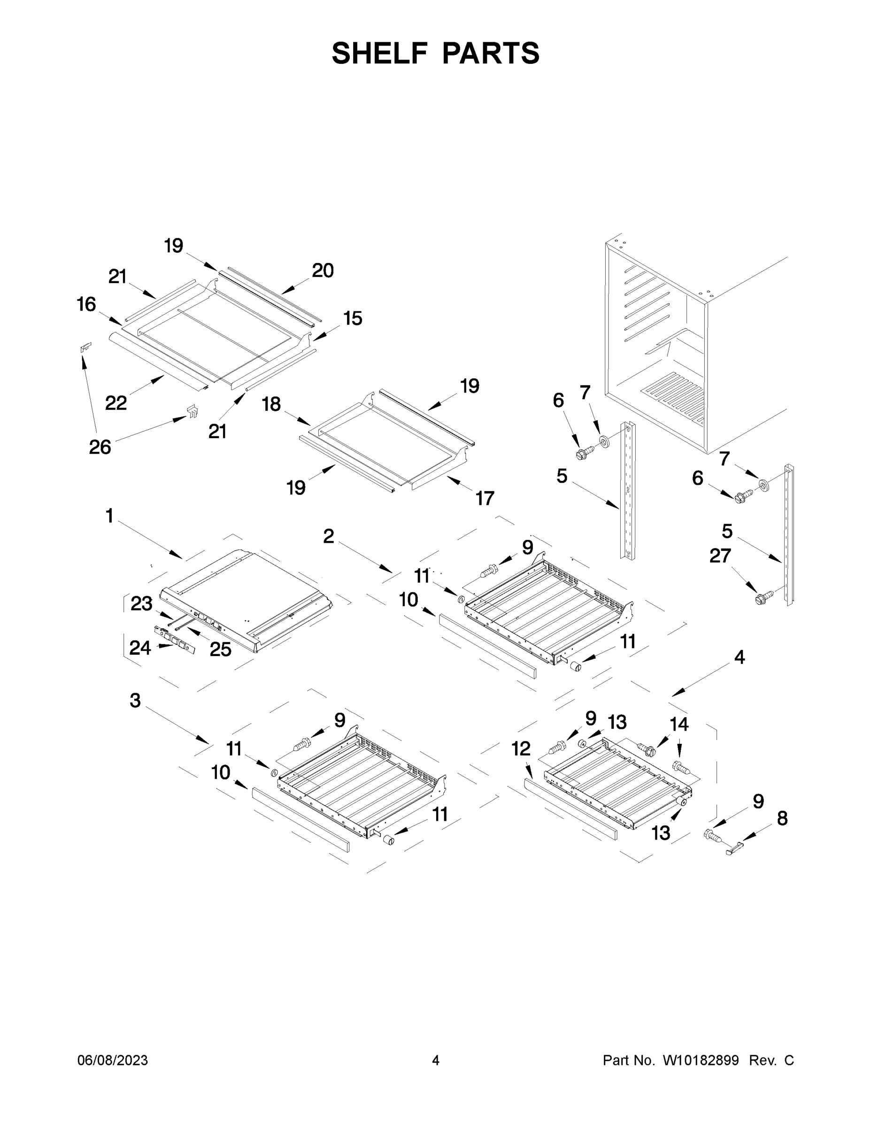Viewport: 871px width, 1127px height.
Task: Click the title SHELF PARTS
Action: [x=435, y=53]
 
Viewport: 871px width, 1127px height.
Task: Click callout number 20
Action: [x=323, y=270]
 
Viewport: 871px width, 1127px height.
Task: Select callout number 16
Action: [x=87, y=304]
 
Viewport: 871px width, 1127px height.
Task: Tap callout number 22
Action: [x=116, y=402]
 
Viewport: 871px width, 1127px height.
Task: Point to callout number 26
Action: [x=100, y=447]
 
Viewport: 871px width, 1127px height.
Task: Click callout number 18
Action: [x=271, y=404]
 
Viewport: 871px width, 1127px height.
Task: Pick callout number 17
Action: [x=485, y=498]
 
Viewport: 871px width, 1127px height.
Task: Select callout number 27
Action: [x=720, y=556]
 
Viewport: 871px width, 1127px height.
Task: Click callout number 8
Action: [x=782, y=818]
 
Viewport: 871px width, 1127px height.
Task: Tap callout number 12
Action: [x=521, y=748]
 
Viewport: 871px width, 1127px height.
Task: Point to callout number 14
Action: [x=678, y=725]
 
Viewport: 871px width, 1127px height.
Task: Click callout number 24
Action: [x=140, y=648]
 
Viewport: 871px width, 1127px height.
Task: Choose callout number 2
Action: [x=328, y=536]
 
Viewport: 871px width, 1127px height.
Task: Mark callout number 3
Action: [x=135, y=701]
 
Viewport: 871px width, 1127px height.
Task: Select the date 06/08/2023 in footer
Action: [x=113, y=1060]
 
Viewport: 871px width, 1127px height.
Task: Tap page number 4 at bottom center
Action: [x=436, y=1060]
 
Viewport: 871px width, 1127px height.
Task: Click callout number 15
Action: [x=353, y=318]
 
